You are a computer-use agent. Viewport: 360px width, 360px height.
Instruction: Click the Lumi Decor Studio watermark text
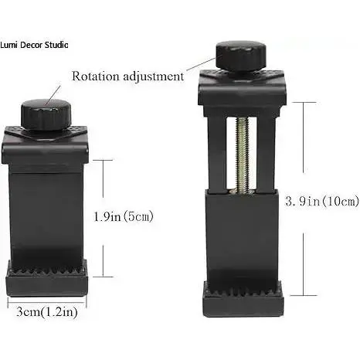34,45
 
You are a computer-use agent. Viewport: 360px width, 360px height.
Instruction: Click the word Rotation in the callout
95,76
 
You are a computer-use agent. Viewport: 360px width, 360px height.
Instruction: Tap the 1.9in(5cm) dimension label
124,216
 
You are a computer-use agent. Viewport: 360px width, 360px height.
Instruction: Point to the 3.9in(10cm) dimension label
322,201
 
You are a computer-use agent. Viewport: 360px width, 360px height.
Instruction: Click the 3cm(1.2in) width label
47,312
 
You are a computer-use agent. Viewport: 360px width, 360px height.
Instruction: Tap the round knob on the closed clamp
46,114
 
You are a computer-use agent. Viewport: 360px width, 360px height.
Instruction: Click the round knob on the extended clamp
241,56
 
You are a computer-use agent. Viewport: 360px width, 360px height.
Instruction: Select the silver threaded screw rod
242,155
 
